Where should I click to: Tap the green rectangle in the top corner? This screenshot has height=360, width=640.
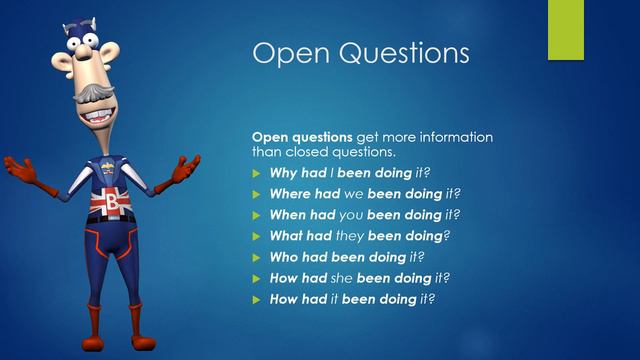[x=565, y=29]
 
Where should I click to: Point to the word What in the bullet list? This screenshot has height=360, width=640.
[x=288, y=236]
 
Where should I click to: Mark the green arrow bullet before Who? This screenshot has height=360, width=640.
[x=256, y=257]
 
